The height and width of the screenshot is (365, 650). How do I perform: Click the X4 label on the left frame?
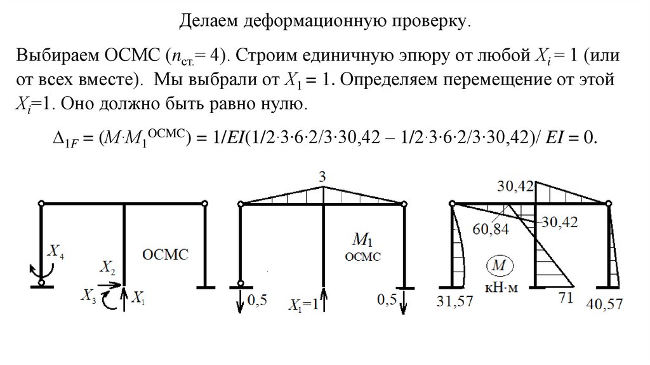(56, 254)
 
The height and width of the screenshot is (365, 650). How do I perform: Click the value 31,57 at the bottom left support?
(454, 301)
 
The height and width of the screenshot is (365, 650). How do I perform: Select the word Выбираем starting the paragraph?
(55, 56)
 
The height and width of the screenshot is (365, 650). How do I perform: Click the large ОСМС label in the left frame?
(166, 254)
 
